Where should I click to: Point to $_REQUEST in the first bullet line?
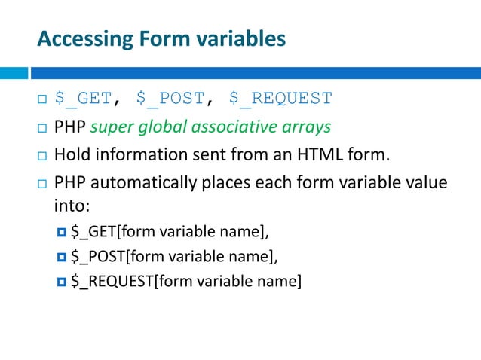(x=280, y=99)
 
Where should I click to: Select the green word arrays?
(x=307, y=127)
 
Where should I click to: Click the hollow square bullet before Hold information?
(x=42, y=156)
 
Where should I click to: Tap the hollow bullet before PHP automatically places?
(x=42, y=185)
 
